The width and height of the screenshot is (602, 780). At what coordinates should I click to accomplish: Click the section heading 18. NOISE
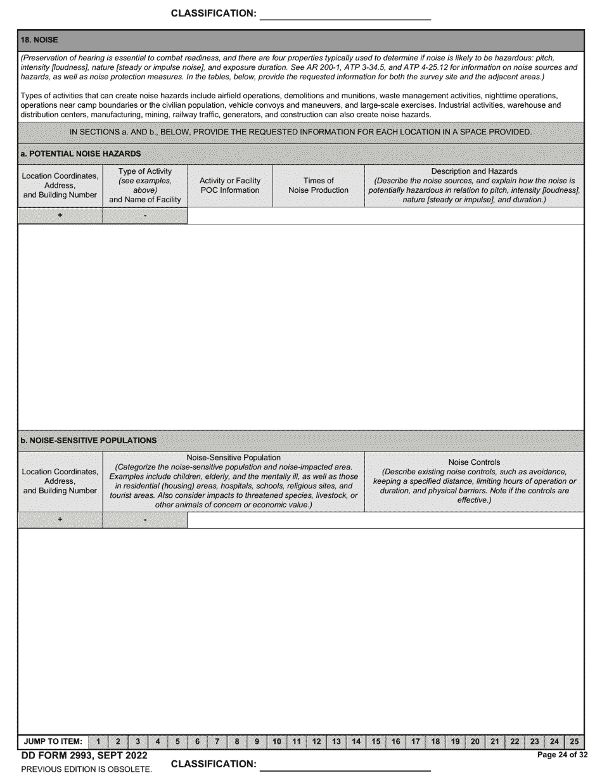pos(39,40)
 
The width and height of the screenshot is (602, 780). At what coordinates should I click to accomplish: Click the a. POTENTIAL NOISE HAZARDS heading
pos(80,153)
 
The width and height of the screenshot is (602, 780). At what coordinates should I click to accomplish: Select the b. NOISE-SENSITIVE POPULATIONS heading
pos(88,440)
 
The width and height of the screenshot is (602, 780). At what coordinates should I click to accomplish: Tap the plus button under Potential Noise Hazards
pos(60,216)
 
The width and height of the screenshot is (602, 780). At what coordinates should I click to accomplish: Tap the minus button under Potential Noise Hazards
pos(145,216)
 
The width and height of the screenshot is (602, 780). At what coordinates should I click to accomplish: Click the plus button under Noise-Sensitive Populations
pos(60,520)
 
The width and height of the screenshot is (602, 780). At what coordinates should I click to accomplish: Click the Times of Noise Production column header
pos(318,185)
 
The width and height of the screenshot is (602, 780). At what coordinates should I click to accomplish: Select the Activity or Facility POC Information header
pos(230,185)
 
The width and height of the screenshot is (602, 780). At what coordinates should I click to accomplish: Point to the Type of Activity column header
pos(145,185)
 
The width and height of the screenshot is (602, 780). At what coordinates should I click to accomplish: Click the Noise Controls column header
pos(474,481)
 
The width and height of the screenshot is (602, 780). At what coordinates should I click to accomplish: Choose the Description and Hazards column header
pos(474,185)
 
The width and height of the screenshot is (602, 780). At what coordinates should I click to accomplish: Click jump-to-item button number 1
pos(98,741)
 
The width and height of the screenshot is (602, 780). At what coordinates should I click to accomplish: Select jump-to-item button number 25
pos(574,741)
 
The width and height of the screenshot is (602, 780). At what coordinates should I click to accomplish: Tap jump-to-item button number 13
pos(336,741)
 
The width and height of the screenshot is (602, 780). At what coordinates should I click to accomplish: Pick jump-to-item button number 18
pos(435,741)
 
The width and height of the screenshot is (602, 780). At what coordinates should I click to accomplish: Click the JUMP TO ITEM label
pos(53,741)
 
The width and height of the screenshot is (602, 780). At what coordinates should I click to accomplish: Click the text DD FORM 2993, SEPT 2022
pos(84,755)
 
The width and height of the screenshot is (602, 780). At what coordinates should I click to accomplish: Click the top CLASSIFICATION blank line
pos(345,15)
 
